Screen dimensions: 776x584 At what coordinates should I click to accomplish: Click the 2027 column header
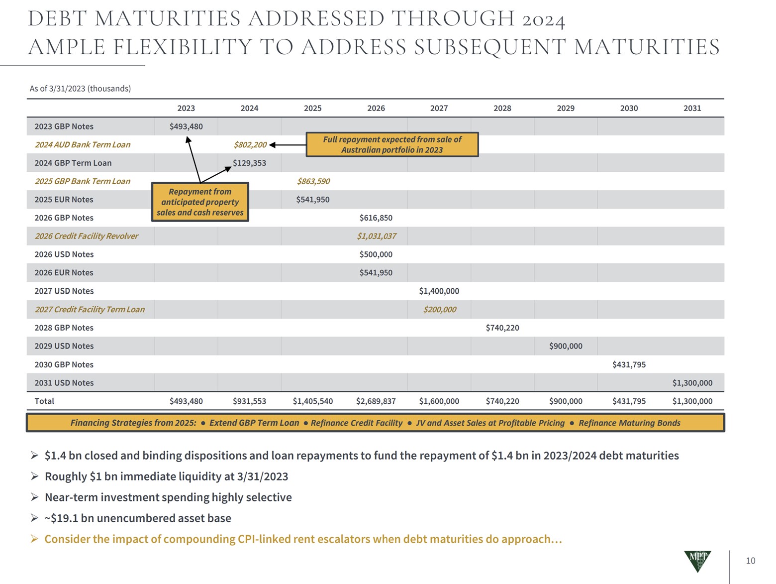tap(439, 108)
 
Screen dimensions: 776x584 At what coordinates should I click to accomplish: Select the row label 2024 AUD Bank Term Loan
tap(82, 145)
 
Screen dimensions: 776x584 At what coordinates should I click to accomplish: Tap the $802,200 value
tap(250, 145)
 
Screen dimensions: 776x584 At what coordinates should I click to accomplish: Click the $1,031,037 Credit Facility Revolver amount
tap(376, 236)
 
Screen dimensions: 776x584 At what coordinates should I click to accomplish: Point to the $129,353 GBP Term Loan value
tap(249, 163)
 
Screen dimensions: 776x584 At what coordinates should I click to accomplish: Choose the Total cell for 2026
tap(376, 401)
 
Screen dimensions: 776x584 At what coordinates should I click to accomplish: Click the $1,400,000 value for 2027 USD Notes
tap(439, 291)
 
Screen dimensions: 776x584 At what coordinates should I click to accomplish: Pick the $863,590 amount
tap(313, 181)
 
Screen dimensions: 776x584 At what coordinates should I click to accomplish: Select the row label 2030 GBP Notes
tap(64, 364)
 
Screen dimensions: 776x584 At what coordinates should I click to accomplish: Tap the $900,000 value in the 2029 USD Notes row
tap(566, 346)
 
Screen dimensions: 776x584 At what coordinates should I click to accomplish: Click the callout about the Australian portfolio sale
tap(392, 144)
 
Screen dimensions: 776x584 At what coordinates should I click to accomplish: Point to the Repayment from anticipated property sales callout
tap(200, 202)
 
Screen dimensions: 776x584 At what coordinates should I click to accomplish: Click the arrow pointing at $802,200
tap(287, 145)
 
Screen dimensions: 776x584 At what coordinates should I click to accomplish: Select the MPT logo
tap(697, 561)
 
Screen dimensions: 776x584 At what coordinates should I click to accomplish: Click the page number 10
tap(750, 561)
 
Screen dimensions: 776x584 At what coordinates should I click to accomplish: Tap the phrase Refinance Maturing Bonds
tap(629, 423)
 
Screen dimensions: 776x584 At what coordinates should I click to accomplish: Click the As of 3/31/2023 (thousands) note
tap(80, 89)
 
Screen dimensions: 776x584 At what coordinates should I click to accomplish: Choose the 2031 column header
tap(692, 108)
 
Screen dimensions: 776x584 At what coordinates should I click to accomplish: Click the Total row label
tap(44, 401)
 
